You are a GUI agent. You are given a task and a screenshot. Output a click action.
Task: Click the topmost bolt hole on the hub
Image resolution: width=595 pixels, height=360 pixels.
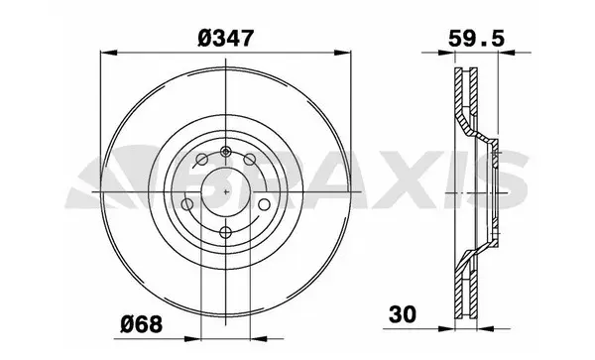pyautogui.click(x=227, y=151)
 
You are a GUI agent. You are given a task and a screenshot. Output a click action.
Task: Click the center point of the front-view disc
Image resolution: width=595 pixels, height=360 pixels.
pyautogui.click(x=227, y=190)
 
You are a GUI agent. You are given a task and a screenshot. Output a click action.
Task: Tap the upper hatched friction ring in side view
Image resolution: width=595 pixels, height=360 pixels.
pyautogui.click(x=464, y=99)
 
